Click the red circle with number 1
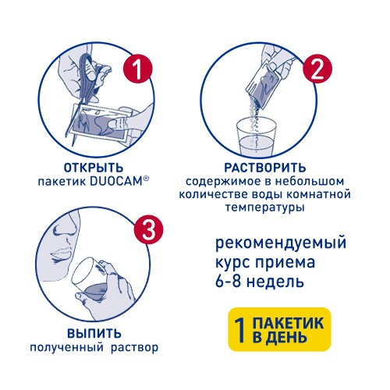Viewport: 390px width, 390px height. pos(137,69)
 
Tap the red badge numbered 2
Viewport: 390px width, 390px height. pos(317,69)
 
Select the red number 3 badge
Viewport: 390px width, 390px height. pos(148,229)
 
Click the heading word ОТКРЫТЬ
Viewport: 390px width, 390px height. pos(94,168)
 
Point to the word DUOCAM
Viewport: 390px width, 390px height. pos(115,181)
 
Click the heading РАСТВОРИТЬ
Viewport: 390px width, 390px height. pos(265,168)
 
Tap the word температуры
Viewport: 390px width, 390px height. pos(265,207)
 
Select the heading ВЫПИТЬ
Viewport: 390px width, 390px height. pos(94,334)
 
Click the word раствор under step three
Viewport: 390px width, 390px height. pos(134,348)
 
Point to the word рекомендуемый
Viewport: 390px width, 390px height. pos(281,243)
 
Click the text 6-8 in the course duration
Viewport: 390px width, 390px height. pos(228,281)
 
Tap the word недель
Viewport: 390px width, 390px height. pos(275,281)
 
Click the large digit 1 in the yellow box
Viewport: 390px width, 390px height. pos(240,330)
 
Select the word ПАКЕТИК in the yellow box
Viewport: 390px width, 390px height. pos(288,323)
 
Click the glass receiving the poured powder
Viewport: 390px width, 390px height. pos(255,136)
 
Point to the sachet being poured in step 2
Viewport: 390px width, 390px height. pos(263,83)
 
